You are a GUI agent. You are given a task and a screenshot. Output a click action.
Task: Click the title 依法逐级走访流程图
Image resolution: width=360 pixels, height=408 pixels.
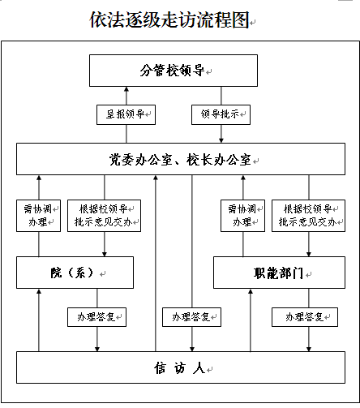pyautogui.click(x=169, y=19)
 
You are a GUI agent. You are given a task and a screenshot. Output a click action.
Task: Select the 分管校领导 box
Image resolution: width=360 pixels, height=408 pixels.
pyautogui.click(x=174, y=71)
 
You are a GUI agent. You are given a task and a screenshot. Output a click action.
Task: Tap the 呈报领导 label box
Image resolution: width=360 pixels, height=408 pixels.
pyautogui.click(x=126, y=114)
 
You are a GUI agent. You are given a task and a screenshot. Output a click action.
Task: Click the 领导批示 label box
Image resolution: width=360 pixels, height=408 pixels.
pyautogui.click(x=221, y=114)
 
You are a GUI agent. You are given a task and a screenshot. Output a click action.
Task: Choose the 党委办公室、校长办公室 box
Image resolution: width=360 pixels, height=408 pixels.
pyautogui.click(x=181, y=159)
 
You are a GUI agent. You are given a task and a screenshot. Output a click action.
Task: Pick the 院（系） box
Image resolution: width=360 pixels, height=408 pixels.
pyautogui.click(x=75, y=273)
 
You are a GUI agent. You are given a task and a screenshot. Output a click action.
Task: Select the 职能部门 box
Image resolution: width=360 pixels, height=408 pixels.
pyautogui.click(x=279, y=273)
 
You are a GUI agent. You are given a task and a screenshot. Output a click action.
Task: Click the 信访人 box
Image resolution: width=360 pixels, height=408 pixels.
pyautogui.click(x=181, y=367)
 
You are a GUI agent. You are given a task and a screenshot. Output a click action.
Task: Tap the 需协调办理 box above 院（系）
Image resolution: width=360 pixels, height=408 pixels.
pyautogui.click(x=38, y=216)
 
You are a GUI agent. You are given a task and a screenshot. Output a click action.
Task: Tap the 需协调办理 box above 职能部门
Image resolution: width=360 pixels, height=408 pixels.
pyautogui.click(x=242, y=216)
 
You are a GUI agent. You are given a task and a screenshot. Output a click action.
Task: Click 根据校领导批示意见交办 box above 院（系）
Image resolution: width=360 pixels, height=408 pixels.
pyautogui.click(x=104, y=216)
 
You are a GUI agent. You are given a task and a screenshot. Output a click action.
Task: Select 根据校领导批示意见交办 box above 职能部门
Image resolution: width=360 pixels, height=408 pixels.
pyautogui.click(x=308, y=216)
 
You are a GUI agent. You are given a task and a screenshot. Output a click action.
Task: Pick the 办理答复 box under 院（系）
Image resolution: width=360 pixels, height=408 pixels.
pyautogui.click(x=96, y=317)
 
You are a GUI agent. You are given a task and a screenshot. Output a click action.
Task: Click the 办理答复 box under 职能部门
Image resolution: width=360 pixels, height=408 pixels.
pyautogui.click(x=305, y=317)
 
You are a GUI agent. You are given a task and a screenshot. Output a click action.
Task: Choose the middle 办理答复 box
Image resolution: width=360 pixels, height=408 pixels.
pyautogui.click(x=191, y=317)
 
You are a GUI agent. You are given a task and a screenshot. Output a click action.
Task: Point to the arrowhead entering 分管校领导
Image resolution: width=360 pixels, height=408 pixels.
pyautogui.click(x=126, y=89)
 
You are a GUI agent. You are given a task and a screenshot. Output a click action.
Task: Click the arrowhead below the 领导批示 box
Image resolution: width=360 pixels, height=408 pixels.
pyautogui.click(x=221, y=140)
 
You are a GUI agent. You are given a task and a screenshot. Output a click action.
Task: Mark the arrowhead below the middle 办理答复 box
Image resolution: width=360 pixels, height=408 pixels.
pyautogui.click(x=192, y=349)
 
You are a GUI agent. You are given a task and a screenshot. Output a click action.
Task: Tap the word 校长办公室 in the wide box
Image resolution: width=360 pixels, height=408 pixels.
pyautogui.click(x=218, y=160)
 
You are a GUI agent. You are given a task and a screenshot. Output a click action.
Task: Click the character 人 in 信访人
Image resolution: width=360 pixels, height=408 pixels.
pyautogui.click(x=199, y=368)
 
